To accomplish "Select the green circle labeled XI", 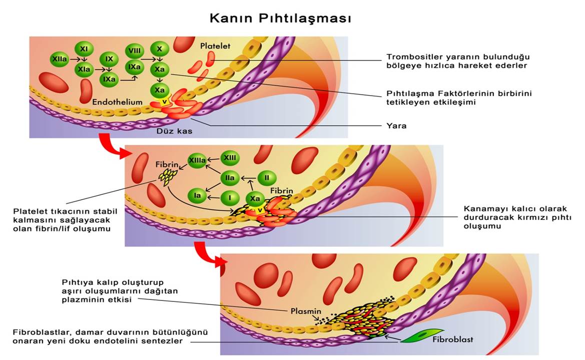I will pyautogui.click(x=84, y=49).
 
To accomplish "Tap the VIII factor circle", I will pyautogui.click(x=134, y=50).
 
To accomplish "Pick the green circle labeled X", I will pyautogui.click(x=159, y=49).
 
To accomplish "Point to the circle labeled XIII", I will pyautogui.click(x=230, y=158).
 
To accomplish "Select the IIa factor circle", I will pyautogui.click(x=230, y=178).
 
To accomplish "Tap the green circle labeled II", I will pyautogui.click(x=267, y=178).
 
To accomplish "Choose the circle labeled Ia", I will pyautogui.click(x=197, y=196).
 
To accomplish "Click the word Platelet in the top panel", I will pyautogui.click(x=215, y=46).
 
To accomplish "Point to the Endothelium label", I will pyautogui.click(x=118, y=102).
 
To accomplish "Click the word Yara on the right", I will pyautogui.click(x=396, y=126).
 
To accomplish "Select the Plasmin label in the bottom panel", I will pyautogui.click(x=305, y=311).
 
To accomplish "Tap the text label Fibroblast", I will pyautogui.click(x=452, y=339).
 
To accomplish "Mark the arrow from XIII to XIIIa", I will pyautogui.click(x=214, y=159).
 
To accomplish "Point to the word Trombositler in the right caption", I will pyautogui.click(x=412, y=57).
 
